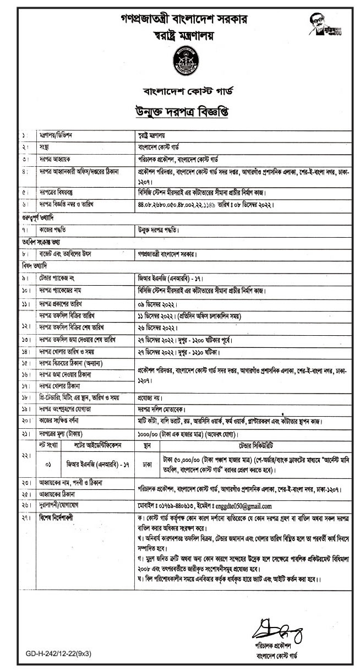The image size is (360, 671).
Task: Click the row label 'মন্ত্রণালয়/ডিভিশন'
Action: tap(56, 134)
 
